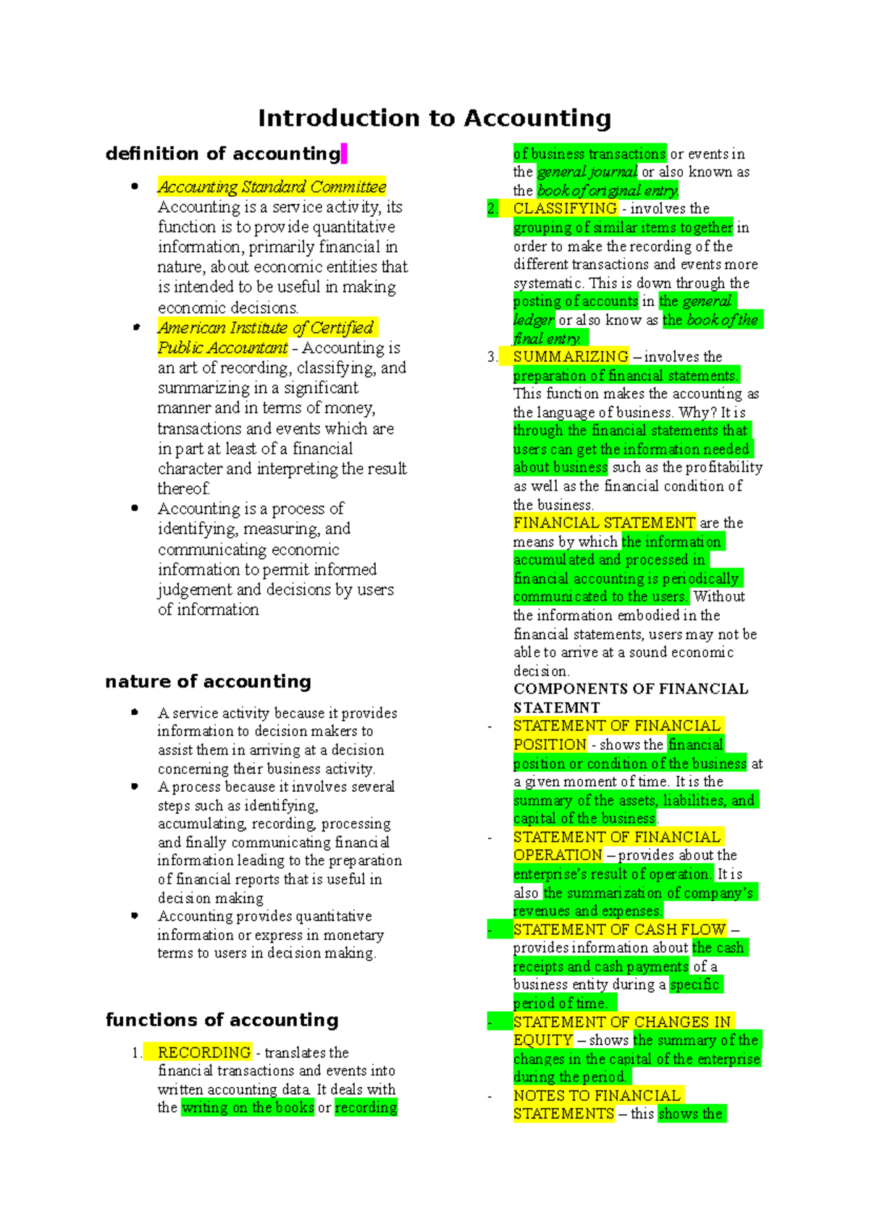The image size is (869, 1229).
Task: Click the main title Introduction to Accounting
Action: (434, 118)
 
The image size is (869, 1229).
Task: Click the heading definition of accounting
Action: (222, 153)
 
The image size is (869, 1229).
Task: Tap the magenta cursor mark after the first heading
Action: (344, 153)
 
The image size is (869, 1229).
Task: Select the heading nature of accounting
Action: (208, 681)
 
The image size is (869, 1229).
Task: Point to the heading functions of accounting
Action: (222, 1020)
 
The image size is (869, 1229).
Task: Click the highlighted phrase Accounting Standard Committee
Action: (272, 187)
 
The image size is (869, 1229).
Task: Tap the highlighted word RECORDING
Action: (204, 1052)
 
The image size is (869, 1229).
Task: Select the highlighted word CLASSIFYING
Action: (565, 208)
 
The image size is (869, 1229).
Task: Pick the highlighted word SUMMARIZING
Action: (571, 357)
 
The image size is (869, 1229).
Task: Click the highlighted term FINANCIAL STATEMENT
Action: (604, 523)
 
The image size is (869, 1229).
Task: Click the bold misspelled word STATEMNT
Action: (556, 707)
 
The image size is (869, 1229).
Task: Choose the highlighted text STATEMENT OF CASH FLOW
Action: (619, 929)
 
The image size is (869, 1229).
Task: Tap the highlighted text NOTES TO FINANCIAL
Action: (597, 1096)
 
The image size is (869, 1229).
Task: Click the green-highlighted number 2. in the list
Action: (492, 208)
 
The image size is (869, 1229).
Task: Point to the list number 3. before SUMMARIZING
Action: (492, 357)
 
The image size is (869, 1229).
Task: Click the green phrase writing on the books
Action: (248, 1107)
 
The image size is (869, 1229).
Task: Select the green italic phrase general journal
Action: (587, 172)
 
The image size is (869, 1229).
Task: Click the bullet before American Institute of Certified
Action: (135, 328)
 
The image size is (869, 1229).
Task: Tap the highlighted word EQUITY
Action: (543, 1040)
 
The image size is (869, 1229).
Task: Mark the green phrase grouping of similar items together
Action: (623, 227)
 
